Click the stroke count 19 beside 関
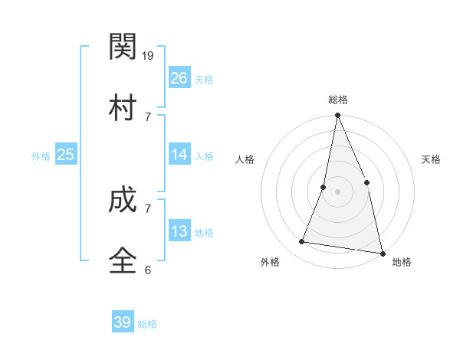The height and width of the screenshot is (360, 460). coord(149,56)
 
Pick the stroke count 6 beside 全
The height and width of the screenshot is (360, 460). coord(147,270)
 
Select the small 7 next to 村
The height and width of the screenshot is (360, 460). coord(147,116)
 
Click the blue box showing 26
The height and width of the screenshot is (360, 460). coord(179,77)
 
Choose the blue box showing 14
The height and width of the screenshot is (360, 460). coord(179,155)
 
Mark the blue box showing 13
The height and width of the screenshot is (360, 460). coord(179,231)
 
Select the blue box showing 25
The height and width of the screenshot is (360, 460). coord(65,155)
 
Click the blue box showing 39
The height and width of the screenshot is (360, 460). coord(123,322)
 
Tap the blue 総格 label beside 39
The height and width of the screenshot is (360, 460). coord(147,324)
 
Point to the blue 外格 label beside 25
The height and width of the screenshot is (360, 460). coord(41,156)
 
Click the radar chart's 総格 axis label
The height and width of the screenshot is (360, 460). coord(338,100)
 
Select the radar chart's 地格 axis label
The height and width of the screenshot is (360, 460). coord(402,263)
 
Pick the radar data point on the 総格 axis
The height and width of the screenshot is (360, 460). coord(337,116)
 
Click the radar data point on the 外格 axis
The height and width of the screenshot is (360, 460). coord(302,242)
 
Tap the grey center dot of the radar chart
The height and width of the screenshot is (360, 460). coord(337,191)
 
